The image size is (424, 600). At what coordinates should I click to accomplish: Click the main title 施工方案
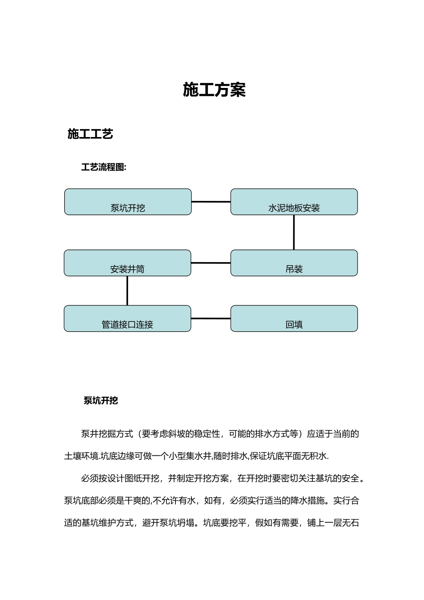pyautogui.click(x=214, y=90)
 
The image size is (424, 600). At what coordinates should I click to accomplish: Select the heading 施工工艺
pyautogui.click(x=90, y=134)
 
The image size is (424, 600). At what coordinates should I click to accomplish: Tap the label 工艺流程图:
pyautogui.click(x=104, y=167)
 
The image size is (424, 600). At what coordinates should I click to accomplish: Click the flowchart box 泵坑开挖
pyautogui.click(x=128, y=202)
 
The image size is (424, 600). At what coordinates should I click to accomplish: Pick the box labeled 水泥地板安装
pyautogui.click(x=294, y=202)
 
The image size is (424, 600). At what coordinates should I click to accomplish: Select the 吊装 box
pyautogui.click(x=294, y=263)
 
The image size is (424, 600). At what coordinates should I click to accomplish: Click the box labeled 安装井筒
pyautogui.click(x=127, y=263)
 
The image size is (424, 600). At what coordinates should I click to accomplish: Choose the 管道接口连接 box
pyautogui.click(x=127, y=318)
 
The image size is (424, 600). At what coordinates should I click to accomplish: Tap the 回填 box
pyautogui.click(x=294, y=318)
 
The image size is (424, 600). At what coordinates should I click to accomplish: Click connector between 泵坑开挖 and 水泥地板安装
pyautogui.click(x=211, y=202)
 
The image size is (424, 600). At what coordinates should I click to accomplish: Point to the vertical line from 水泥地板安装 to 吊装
pyautogui.click(x=294, y=232)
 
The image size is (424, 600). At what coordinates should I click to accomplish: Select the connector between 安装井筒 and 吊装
pyautogui.click(x=211, y=263)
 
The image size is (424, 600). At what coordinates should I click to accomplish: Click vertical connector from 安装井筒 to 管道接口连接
pyautogui.click(x=127, y=291)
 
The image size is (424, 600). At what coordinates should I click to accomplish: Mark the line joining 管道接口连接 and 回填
pyautogui.click(x=211, y=318)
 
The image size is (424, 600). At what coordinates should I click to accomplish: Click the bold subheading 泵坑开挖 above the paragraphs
pyautogui.click(x=101, y=400)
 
